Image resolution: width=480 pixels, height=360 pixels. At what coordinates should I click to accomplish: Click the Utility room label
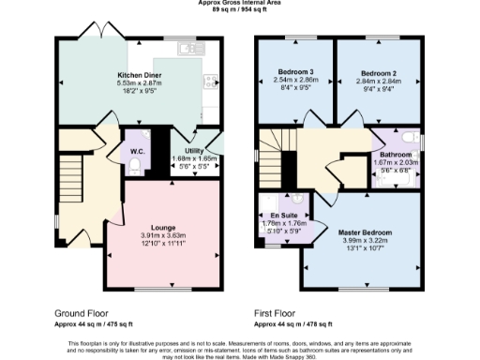click(x=195, y=150)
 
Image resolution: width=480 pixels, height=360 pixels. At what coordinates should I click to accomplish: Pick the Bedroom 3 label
click(x=296, y=73)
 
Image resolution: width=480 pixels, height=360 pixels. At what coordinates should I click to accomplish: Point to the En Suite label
click(x=277, y=216)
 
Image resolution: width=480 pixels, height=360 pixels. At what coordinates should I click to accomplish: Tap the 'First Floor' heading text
click(x=277, y=313)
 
